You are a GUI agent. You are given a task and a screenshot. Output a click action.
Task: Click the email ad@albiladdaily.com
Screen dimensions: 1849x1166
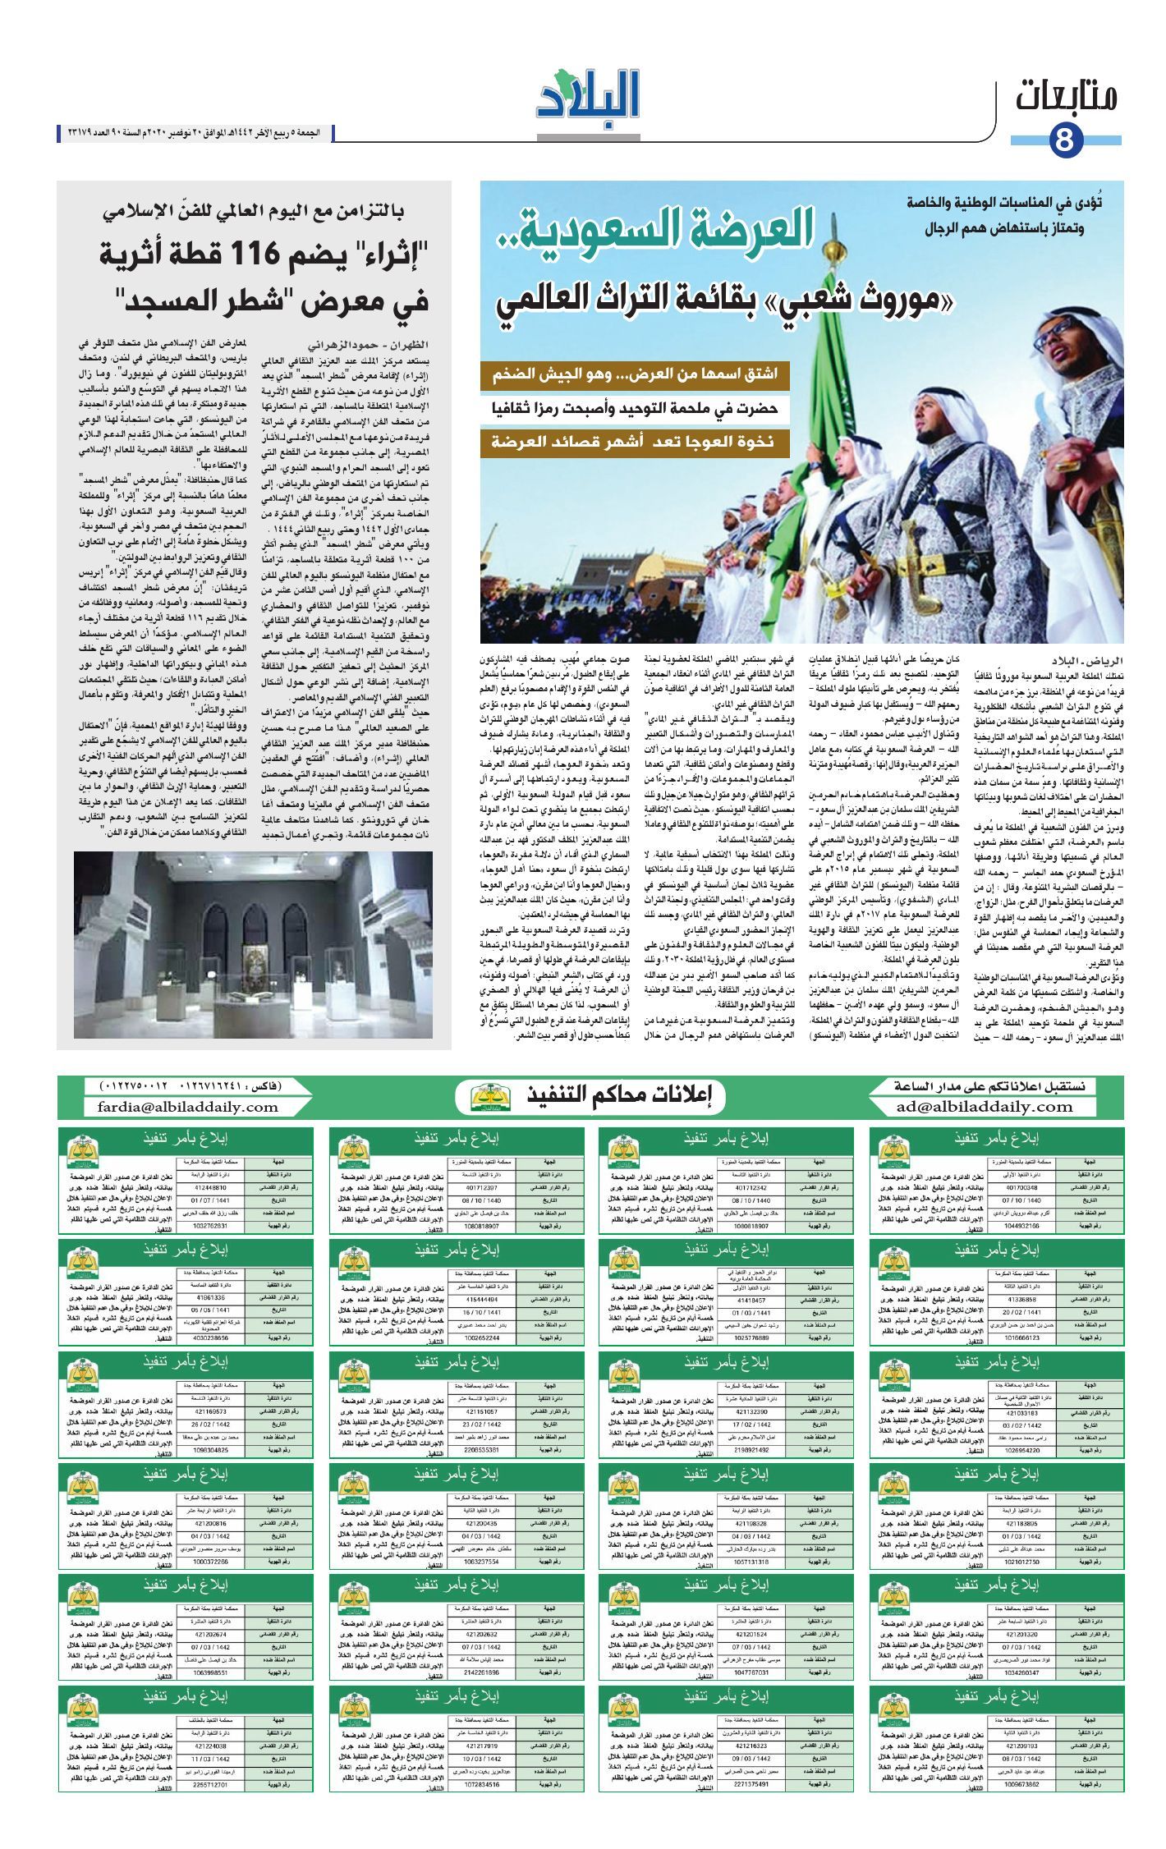[x=985, y=1106]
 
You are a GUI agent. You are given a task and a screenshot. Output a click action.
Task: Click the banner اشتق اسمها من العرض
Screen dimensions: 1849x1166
[x=635, y=376]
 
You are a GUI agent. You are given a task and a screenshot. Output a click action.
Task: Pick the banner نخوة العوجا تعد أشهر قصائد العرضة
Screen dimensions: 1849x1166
[x=635, y=442]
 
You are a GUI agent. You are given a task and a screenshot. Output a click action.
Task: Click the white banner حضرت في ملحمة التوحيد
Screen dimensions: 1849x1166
[x=635, y=409]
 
